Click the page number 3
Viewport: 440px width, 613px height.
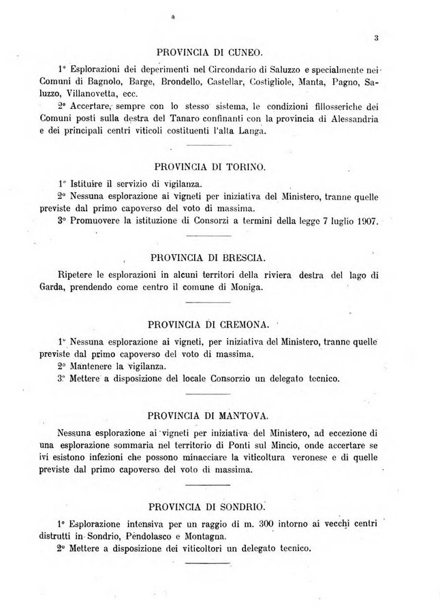[x=375, y=39]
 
